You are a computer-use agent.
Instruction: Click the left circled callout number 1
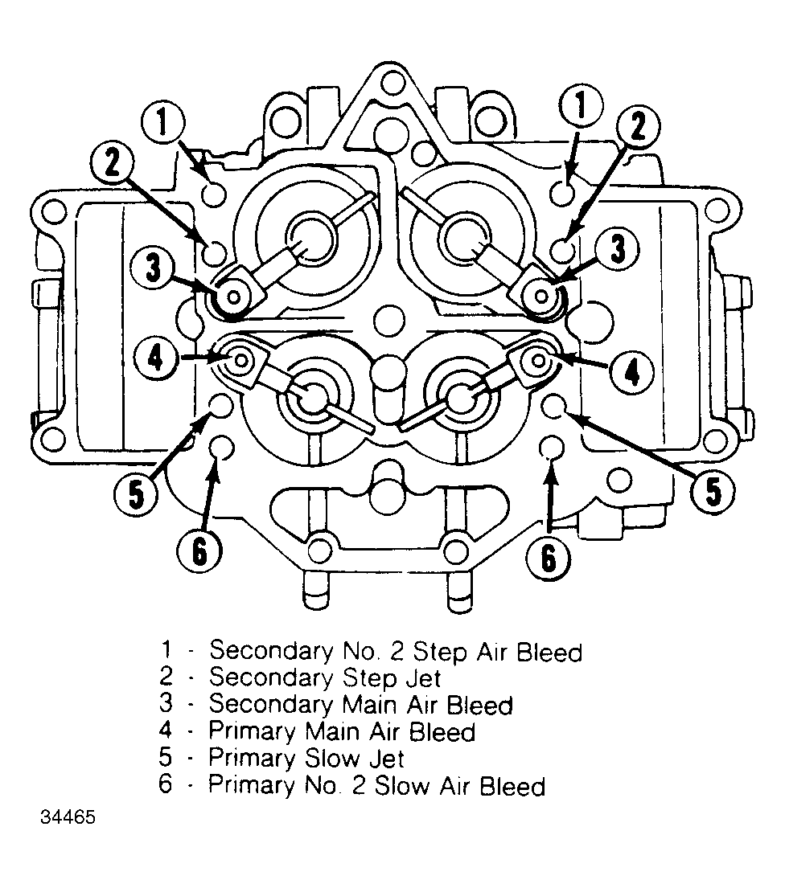pos(162,122)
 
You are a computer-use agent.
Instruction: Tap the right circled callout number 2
pos(638,126)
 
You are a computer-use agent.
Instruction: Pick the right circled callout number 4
pos(631,372)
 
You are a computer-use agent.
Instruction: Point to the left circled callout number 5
pos(136,494)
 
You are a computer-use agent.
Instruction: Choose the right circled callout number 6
pos(548,558)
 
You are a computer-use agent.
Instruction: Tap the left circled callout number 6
pos(199,550)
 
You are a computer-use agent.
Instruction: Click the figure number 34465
pos(68,817)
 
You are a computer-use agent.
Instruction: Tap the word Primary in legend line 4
pos(252,732)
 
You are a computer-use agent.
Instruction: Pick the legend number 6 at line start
pos(166,784)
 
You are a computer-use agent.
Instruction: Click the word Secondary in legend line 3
pos(271,705)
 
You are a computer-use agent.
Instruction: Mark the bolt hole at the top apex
pos(393,84)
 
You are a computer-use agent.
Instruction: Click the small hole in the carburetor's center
pos(389,320)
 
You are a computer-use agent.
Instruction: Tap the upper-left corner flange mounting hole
pos(55,213)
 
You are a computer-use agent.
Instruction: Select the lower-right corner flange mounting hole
pos(716,439)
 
